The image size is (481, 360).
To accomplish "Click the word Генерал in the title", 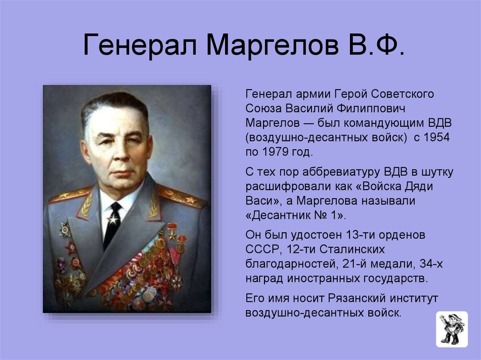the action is click(x=140, y=45).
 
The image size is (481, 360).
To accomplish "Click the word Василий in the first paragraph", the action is click(x=308, y=108).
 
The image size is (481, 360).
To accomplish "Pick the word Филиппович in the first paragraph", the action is click(x=371, y=108).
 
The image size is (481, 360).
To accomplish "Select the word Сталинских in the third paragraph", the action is click(x=352, y=249).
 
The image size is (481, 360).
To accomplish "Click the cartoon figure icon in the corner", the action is click(x=452, y=329).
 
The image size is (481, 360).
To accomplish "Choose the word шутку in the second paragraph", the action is click(x=437, y=172).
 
